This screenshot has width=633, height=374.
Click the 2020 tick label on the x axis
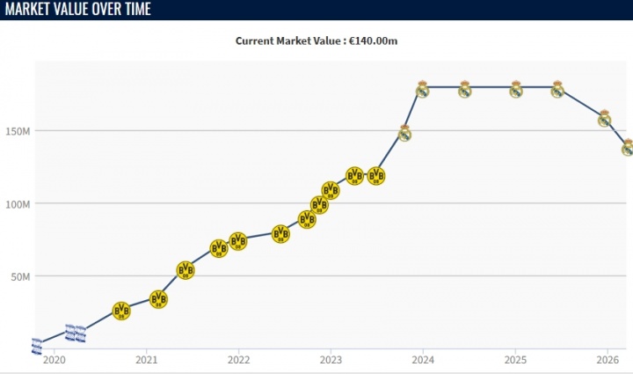coord(55,359)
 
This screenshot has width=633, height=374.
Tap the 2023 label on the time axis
coord(331,359)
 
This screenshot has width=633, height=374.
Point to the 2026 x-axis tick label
coord(608,359)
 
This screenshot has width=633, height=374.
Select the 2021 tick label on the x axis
coord(147,359)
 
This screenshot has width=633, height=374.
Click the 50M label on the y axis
coord(20,276)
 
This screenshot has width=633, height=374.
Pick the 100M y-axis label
coord(18,204)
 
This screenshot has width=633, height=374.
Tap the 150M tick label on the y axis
coord(18,131)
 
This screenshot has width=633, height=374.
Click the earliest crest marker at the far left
coord(36,346)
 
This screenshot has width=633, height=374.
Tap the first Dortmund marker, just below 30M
coord(121,311)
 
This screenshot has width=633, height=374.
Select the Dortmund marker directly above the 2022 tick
coord(238,241)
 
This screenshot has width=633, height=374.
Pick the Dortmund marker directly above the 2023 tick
coord(331,190)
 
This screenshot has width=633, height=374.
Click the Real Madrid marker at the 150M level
coord(404,133)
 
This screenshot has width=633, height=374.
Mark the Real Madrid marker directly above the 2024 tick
coord(423,89)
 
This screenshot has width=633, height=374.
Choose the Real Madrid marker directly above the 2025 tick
coord(516,89)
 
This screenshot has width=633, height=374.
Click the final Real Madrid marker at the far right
coord(628,148)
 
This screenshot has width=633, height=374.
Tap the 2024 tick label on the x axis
coord(423,359)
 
